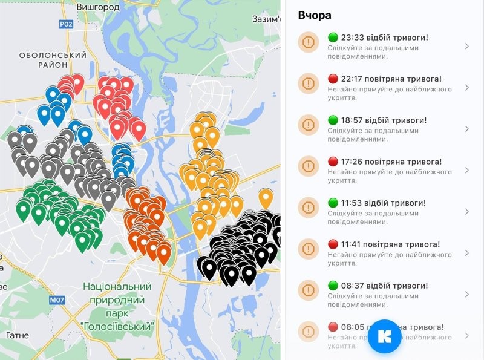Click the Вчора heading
[x=315, y=15]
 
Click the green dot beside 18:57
[x=332, y=120]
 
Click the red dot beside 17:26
[x=332, y=162]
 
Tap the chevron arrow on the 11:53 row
[x=466, y=212]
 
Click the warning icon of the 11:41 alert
[x=309, y=249]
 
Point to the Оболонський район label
[x=53, y=60]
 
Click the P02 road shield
[x=66, y=24]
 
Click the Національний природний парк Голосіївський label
[x=117, y=306]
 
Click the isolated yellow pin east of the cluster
[x=266, y=197]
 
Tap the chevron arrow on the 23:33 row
[x=466, y=46]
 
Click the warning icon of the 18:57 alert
[x=309, y=125]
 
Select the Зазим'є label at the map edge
[x=267, y=19]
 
